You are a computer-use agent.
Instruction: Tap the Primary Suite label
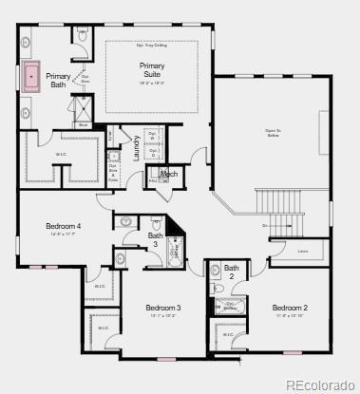152,69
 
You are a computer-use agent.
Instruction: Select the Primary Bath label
58,80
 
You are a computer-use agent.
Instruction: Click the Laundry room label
136,148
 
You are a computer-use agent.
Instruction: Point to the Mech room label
170,175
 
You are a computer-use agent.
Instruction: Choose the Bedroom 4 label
64,226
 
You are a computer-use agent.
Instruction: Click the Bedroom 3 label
163,308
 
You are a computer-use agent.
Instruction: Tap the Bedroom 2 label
290,308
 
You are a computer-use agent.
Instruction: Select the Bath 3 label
156,240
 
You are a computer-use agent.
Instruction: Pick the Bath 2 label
232,272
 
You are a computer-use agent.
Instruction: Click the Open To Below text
273,133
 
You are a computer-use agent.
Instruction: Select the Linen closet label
303,252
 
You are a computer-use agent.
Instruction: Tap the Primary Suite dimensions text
152,84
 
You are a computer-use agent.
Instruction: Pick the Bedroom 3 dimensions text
163,316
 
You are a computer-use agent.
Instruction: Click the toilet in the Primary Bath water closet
83,35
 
